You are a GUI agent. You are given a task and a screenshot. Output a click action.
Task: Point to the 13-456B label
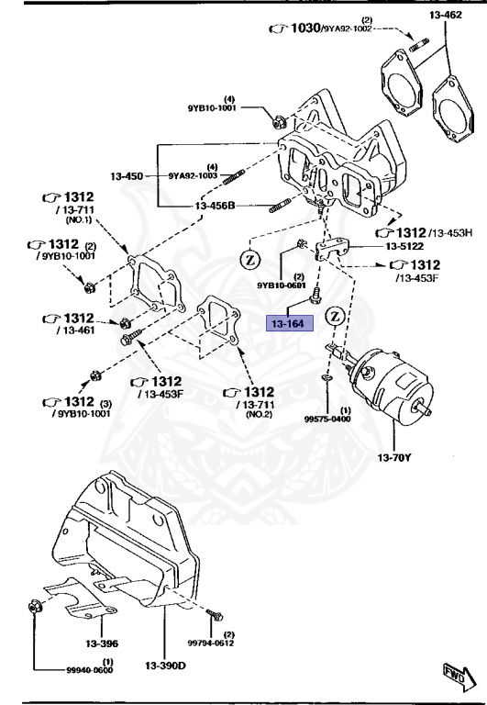point(216,207)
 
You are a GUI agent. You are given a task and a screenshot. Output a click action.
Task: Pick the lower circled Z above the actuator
point(336,316)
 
